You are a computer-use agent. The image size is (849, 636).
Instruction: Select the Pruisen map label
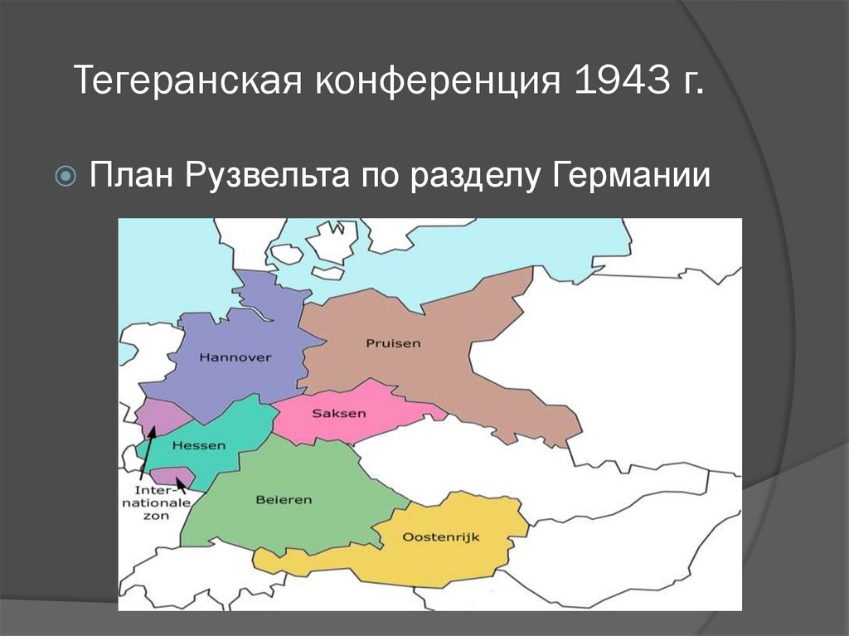pyautogui.click(x=392, y=342)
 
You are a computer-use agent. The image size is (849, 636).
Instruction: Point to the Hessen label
pyautogui.click(x=198, y=445)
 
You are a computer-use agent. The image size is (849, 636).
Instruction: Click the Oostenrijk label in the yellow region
pyautogui.click(x=440, y=537)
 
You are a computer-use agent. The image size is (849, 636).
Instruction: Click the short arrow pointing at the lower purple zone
pyautogui.click(x=182, y=484)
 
